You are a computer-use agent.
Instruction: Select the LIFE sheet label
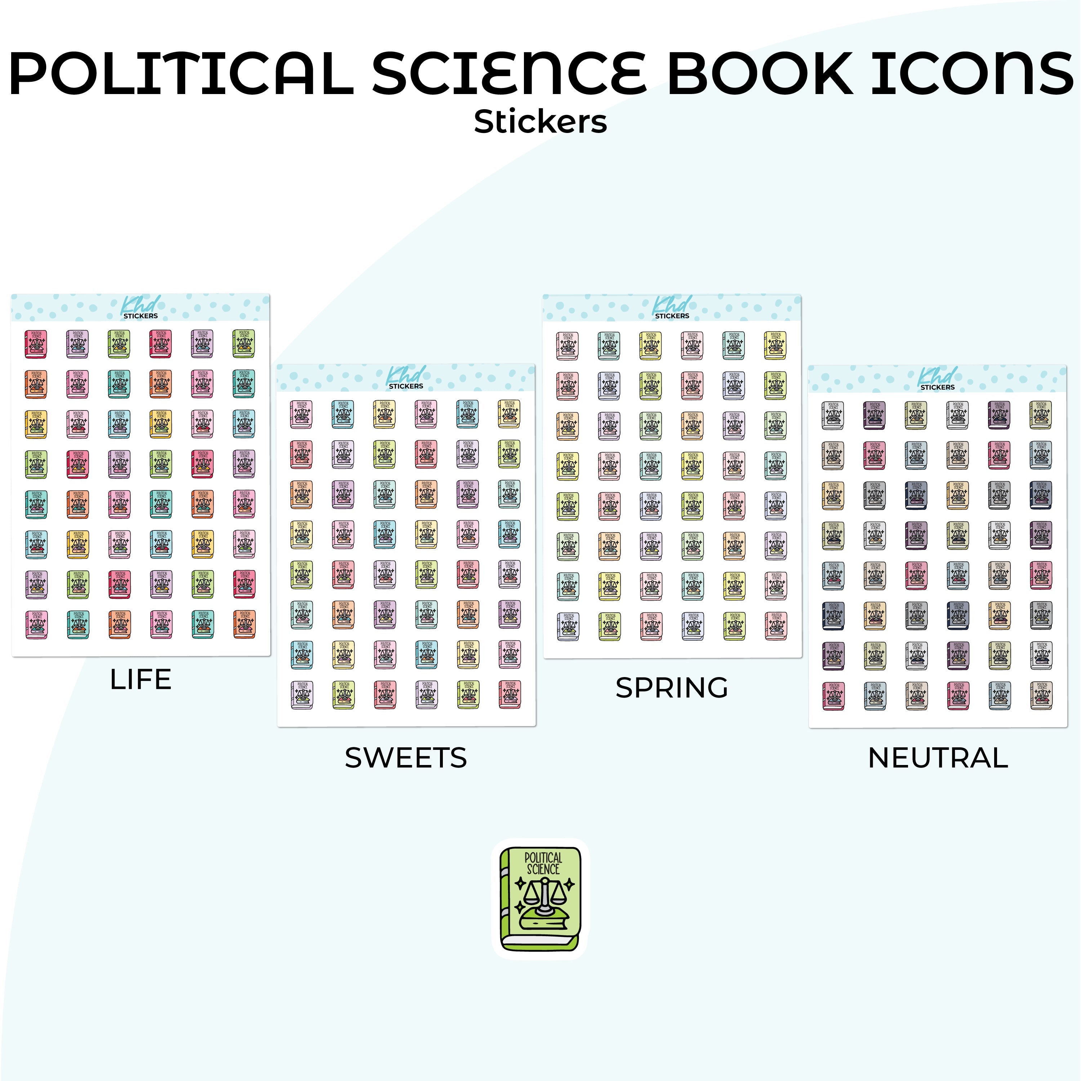point(141,680)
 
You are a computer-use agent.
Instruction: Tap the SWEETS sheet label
point(406,758)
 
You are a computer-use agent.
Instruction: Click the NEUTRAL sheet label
point(938,758)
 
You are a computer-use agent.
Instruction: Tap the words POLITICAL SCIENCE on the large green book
point(543,863)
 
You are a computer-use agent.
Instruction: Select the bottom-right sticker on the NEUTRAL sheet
point(1041,695)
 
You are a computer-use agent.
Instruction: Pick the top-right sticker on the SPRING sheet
point(775,345)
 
